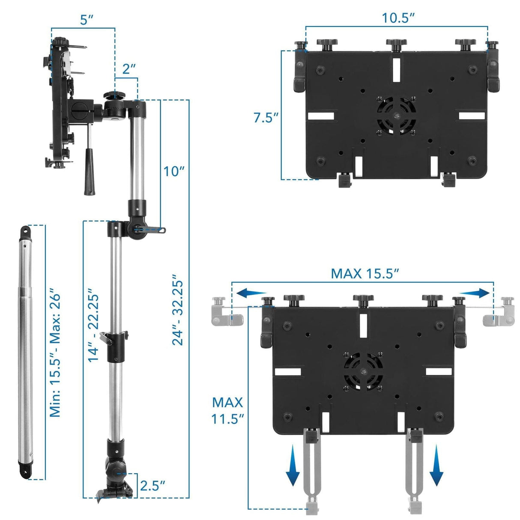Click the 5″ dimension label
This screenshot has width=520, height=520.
[x=87, y=20]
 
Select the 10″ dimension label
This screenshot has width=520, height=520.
[x=174, y=171]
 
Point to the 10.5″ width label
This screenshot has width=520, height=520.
[x=398, y=18]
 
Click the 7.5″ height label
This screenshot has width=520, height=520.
[x=266, y=117]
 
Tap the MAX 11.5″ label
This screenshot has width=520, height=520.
[x=228, y=410]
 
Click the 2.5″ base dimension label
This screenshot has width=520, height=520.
[x=152, y=485]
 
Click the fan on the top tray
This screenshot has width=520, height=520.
[x=397, y=116]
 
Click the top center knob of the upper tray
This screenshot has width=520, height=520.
[x=397, y=43]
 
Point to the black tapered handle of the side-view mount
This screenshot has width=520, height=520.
[x=89, y=171]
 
